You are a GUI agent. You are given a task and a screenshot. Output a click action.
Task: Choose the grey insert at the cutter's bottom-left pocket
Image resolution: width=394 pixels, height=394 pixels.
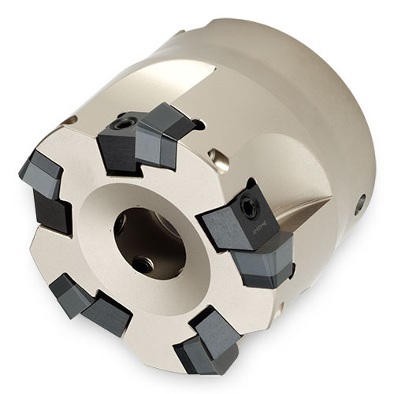coord(65,290)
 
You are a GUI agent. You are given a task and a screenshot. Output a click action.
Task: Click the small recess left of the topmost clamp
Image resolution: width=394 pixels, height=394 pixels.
coord(75,121)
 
